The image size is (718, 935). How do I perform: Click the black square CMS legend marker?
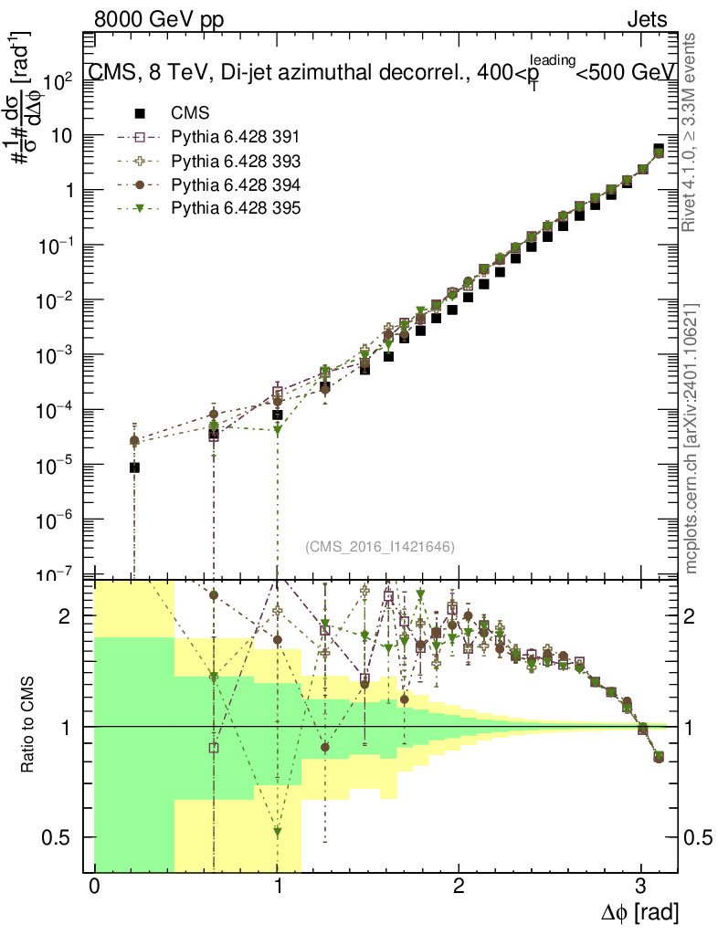(140, 114)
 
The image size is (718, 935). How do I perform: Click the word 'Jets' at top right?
(646, 19)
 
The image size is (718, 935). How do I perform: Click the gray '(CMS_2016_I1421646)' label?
(380, 546)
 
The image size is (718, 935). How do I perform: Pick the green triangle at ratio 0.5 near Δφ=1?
(278, 832)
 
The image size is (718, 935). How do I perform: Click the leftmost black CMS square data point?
(134, 467)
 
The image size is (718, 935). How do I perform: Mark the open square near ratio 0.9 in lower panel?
(214, 747)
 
